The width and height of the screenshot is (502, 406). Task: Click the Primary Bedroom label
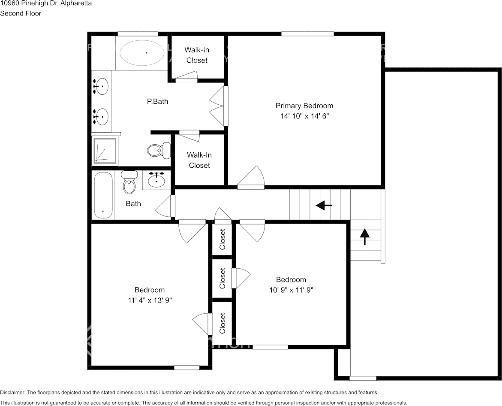(x=304, y=106)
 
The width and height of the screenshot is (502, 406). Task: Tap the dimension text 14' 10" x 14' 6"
(x=304, y=116)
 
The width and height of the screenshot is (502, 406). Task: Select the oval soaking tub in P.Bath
(x=141, y=53)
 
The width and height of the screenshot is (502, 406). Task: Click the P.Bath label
(x=157, y=102)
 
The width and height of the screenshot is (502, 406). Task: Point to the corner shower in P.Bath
(x=104, y=151)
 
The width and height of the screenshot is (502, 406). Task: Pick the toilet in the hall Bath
(x=129, y=182)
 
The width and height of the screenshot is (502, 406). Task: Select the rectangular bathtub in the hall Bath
(x=103, y=195)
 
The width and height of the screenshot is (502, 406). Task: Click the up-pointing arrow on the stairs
(x=364, y=236)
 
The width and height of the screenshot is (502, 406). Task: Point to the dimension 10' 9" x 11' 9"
(x=291, y=290)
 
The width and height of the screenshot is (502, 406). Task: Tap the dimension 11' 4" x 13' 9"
(x=150, y=300)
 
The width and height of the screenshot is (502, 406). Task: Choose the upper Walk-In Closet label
(x=197, y=55)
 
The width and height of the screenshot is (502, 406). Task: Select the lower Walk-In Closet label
(x=199, y=160)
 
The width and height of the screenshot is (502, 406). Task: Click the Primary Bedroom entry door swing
(x=252, y=178)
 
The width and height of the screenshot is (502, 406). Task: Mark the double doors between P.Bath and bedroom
(x=219, y=106)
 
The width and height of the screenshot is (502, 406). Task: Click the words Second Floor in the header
(x=21, y=13)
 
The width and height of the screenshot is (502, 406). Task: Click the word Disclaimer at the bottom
(x=13, y=392)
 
